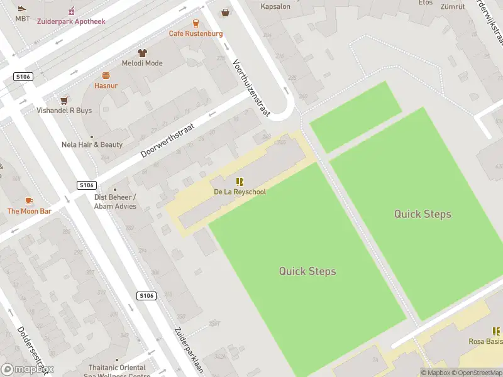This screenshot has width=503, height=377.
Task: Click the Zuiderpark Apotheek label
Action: click(70, 21)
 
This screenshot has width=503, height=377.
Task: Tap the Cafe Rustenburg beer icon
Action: click(196, 23)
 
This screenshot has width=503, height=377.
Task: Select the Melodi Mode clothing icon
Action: click(142, 53)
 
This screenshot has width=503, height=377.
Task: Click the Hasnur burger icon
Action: click(106, 75)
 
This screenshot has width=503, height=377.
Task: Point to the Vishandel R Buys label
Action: click(64, 110)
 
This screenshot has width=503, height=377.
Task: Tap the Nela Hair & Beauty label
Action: click(92, 145)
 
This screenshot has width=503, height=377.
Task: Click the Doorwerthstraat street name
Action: click(168, 140)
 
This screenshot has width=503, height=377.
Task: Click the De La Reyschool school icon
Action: click(239, 182)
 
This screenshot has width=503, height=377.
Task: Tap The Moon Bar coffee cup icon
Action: click(29, 200)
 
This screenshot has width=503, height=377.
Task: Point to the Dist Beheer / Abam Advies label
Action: click(115, 201)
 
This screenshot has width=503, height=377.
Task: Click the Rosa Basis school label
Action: click(485, 341)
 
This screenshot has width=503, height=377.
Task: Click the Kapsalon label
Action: click(275, 7)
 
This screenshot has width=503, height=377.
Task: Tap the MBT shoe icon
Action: click(23, 9)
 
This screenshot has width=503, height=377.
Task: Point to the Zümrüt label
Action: click(452, 7)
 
